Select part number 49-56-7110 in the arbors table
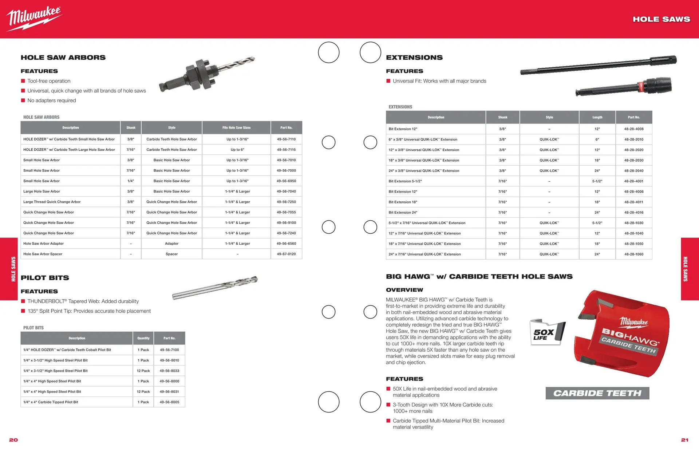tap(286, 139)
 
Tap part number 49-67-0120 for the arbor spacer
tap(286, 254)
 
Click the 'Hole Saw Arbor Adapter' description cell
tap(43, 244)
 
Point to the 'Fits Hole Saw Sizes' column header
tap(236, 128)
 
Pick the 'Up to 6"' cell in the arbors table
tap(237, 150)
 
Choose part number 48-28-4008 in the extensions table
tap(634, 129)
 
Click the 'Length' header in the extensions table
tap(597, 117)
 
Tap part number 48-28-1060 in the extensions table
tap(634, 254)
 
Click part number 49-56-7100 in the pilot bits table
tap(169, 350)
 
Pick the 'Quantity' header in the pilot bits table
tap(143, 338)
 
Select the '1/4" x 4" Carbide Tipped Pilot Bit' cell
tap(51, 402)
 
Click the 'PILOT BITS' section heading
tap(45, 278)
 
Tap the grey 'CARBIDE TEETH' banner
tap(597, 393)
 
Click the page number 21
tap(685, 440)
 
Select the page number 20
tap(13, 440)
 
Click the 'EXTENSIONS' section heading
tap(414, 58)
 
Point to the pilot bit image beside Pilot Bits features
tap(215, 288)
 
